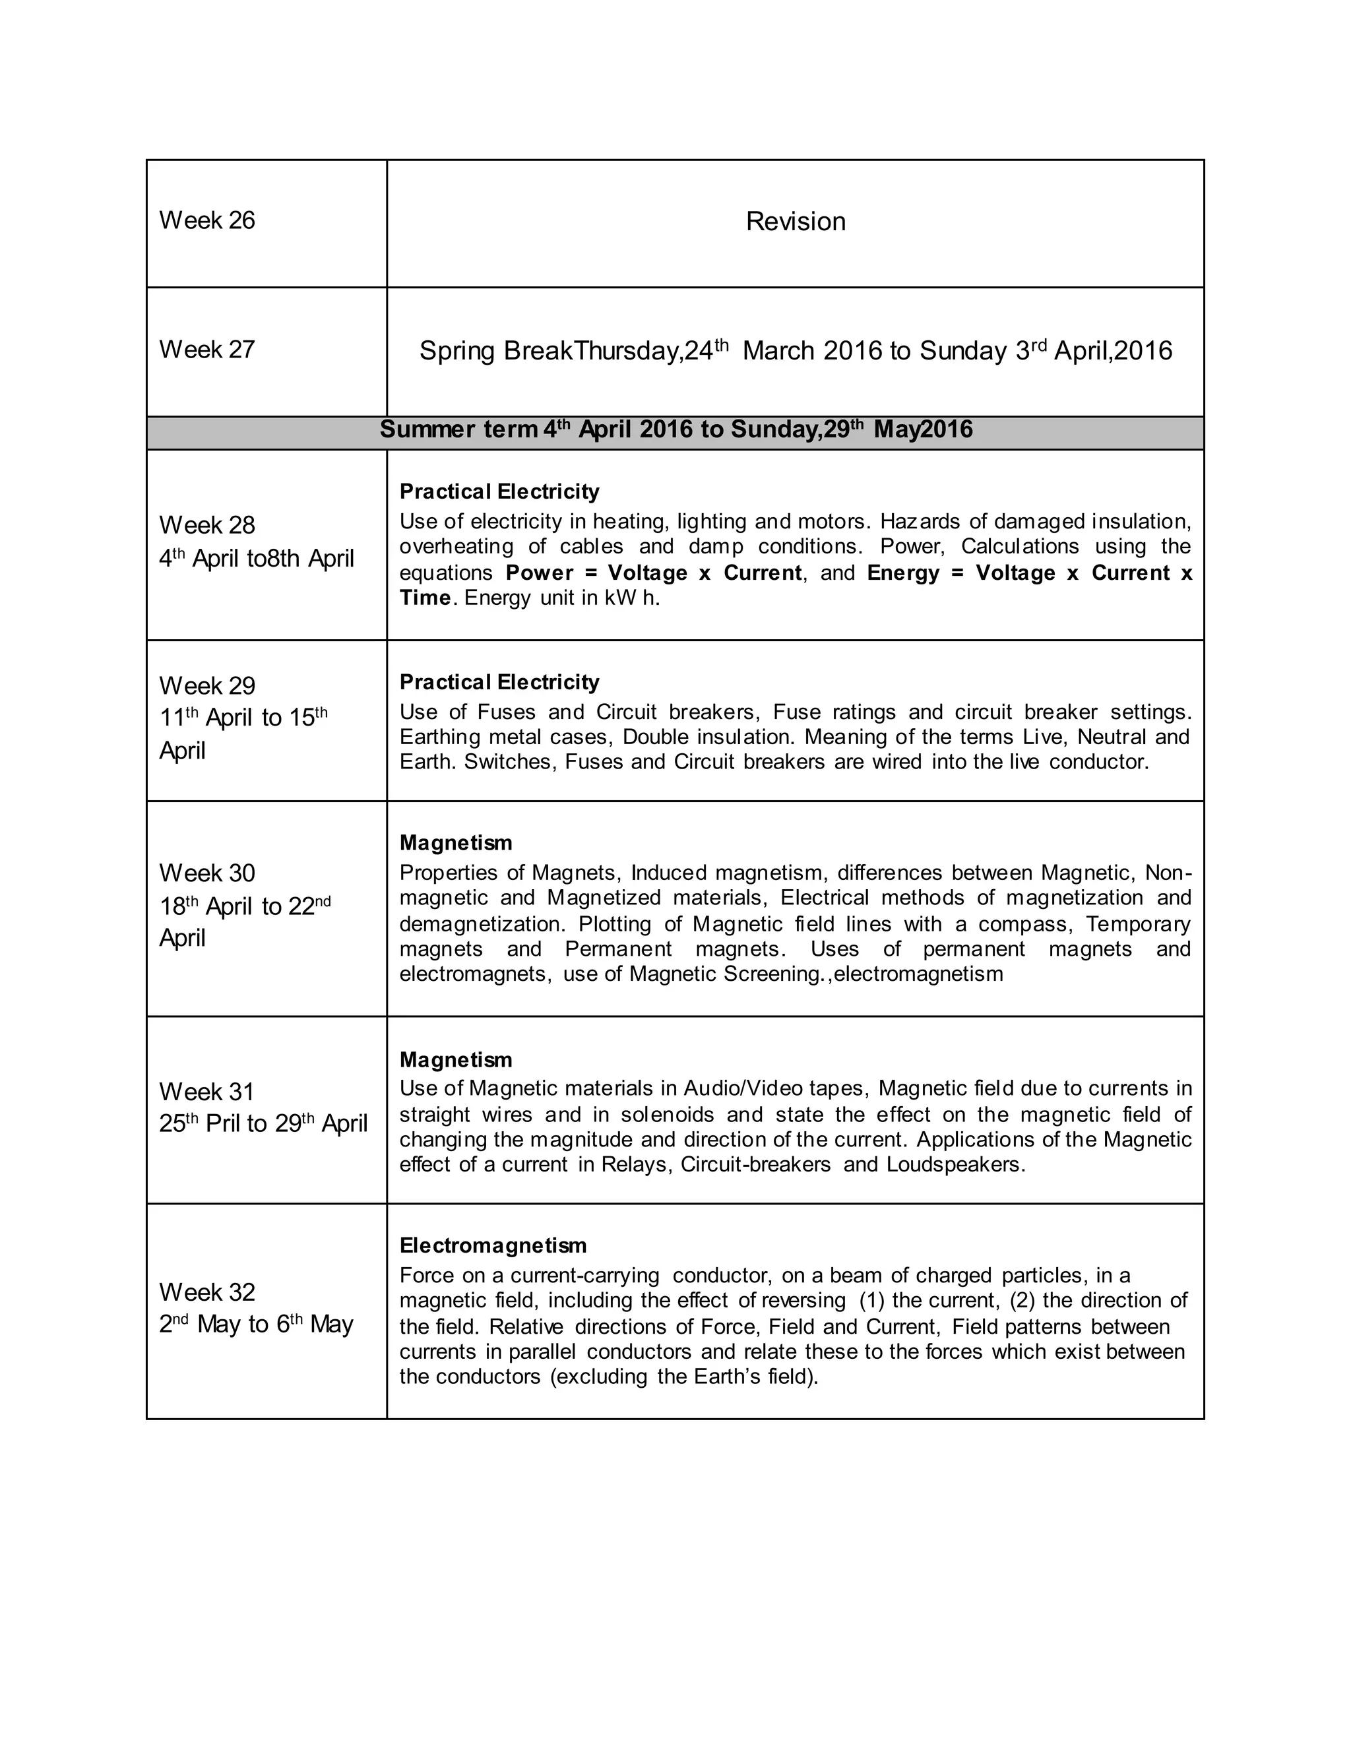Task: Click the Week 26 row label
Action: (206, 220)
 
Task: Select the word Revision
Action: (795, 222)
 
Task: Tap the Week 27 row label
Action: (206, 350)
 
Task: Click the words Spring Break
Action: (496, 352)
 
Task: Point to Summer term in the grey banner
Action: (458, 430)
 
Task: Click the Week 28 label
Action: (206, 525)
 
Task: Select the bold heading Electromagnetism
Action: (493, 1245)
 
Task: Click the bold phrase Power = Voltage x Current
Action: (653, 573)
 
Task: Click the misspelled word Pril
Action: (224, 1124)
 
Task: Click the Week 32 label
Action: (206, 1292)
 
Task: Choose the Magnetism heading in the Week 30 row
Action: (455, 843)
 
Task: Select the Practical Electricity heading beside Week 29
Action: (499, 682)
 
